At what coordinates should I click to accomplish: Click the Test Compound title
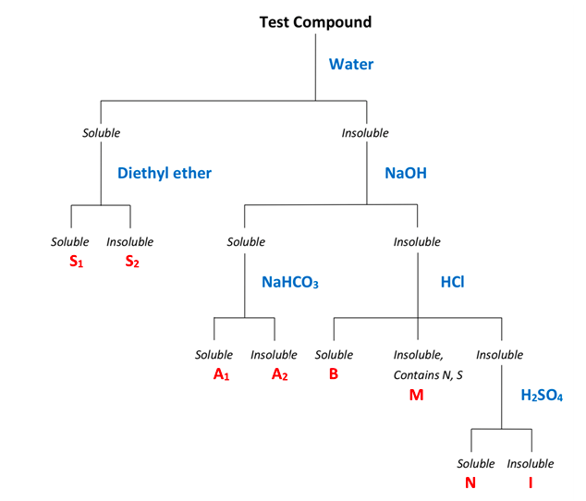pyautogui.click(x=314, y=21)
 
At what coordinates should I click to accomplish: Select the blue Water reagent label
pyautogui.click(x=351, y=65)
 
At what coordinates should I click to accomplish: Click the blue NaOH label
pyautogui.click(x=406, y=172)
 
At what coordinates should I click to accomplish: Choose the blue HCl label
pyautogui.click(x=451, y=281)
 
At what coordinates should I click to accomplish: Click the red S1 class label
pyautogui.click(x=77, y=262)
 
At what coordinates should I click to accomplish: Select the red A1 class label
pyautogui.click(x=221, y=374)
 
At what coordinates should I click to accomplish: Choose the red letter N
pyautogui.click(x=470, y=483)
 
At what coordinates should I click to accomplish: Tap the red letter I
pyautogui.click(x=531, y=483)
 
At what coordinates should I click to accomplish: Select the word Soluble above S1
pyautogui.click(x=70, y=242)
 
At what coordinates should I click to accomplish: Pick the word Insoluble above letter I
pyautogui.click(x=531, y=464)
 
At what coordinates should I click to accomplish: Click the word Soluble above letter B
pyautogui.click(x=334, y=355)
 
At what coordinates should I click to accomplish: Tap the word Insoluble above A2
pyautogui.click(x=274, y=355)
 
